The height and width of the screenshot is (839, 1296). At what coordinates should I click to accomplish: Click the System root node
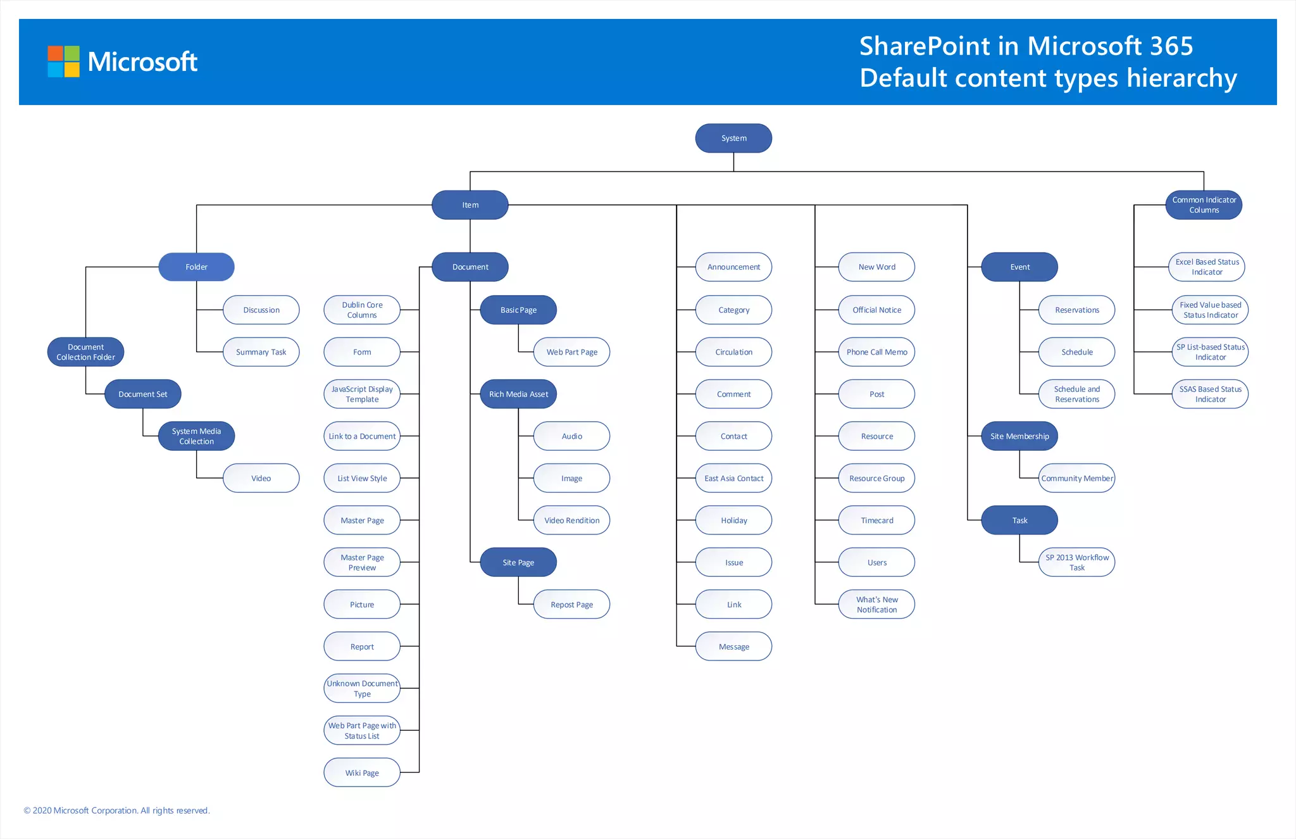click(x=733, y=138)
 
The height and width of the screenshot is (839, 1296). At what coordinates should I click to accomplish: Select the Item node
click(x=470, y=205)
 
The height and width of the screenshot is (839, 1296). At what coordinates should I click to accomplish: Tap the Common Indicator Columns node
click(x=1204, y=205)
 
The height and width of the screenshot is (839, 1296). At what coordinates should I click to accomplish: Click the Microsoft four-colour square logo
click(x=64, y=61)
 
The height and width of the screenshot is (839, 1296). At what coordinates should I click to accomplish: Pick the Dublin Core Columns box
click(x=362, y=310)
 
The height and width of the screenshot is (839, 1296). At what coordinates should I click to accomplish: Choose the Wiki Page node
click(x=362, y=773)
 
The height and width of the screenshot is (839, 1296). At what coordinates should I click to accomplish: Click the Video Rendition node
click(x=571, y=520)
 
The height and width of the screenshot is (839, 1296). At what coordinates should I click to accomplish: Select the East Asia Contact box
click(x=733, y=479)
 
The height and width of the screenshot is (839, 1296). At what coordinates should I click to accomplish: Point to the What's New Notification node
click(x=876, y=605)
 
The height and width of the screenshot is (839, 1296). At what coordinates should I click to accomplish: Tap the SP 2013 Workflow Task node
click(x=1076, y=562)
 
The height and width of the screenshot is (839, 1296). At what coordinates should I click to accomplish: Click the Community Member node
click(x=1076, y=479)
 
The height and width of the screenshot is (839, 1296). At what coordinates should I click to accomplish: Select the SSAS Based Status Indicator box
click(x=1210, y=394)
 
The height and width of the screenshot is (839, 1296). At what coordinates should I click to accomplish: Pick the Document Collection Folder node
click(x=85, y=352)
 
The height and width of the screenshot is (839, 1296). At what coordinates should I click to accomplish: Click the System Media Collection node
click(x=196, y=436)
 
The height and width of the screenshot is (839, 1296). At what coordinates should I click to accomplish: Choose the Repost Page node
click(x=571, y=605)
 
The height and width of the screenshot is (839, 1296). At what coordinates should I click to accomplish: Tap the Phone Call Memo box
click(x=876, y=352)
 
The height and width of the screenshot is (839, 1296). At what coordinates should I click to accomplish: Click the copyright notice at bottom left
click(x=116, y=811)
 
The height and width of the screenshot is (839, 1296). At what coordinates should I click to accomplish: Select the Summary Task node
click(x=261, y=352)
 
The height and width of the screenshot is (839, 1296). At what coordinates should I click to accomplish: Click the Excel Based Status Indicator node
click(x=1207, y=267)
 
